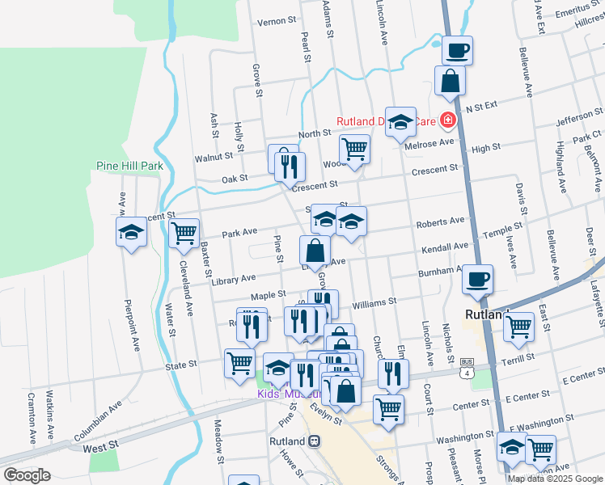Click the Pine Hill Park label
pos(129,166)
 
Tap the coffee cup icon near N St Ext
pos(457,50)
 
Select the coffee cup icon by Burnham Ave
pos(477,279)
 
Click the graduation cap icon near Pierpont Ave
pos(131,233)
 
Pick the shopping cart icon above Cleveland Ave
pos(184,233)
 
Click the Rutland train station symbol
pos(314,441)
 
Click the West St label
pos(100,446)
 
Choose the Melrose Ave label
pos(435,142)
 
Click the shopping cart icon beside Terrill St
pos(518,327)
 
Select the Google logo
pos(27,474)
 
